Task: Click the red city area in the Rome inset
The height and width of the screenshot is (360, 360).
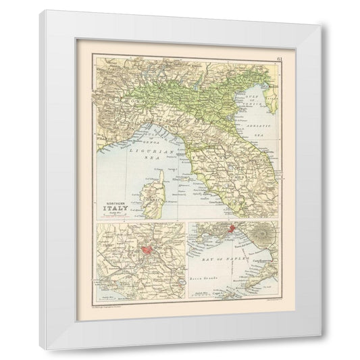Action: [x=147, y=252]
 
